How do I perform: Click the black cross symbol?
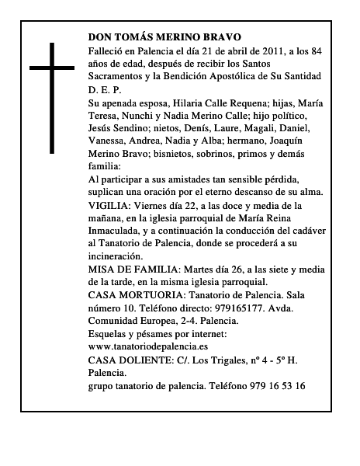point(53,97)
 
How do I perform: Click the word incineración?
point(116,256)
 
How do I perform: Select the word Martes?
point(199,269)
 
